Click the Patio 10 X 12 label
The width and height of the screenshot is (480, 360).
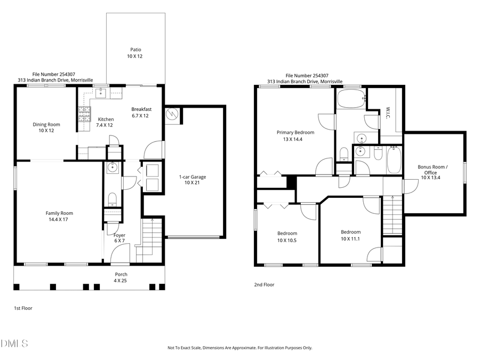tap(134, 52)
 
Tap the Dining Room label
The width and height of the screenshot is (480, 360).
tap(46, 127)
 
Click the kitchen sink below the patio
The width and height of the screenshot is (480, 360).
tap(101, 93)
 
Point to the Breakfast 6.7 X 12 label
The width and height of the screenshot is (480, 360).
tap(141, 112)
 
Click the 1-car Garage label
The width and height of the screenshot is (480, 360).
tap(192, 180)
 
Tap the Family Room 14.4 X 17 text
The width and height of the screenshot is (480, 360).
tap(59, 216)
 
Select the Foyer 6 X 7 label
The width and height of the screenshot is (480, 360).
tap(119, 238)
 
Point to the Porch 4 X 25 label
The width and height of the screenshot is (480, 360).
tap(121, 277)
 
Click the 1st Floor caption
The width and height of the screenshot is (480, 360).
tap(23, 308)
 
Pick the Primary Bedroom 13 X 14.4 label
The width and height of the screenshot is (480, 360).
tap(295, 135)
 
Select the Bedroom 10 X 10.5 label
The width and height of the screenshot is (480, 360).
tap(287, 236)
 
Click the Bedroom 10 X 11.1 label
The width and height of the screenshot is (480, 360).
tap(350, 235)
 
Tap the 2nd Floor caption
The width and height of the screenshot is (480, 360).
tap(264, 285)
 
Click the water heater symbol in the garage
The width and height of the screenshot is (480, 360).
tap(172, 114)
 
